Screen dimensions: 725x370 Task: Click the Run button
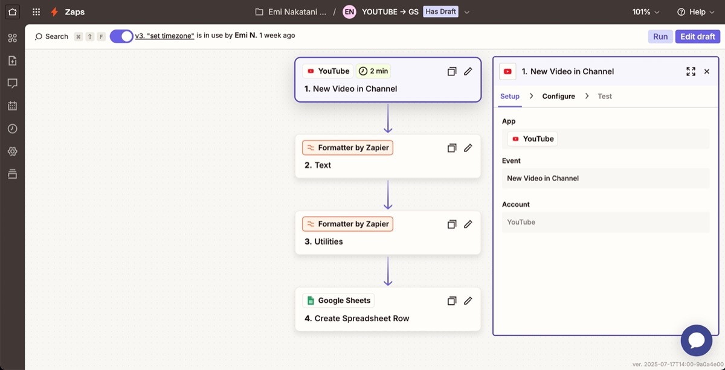(x=660, y=37)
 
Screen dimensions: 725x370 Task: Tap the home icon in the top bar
(x=12, y=12)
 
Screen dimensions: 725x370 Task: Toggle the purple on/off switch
(x=121, y=36)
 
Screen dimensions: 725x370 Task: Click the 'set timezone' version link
(x=164, y=36)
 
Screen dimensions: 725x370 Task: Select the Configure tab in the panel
(x=558, y=97)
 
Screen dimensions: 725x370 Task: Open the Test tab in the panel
(x=605, y=97)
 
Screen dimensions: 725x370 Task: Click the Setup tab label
(x=510, y=97)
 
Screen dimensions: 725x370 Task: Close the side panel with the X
(x=706, y=71)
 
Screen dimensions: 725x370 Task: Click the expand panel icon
(x=691, y=71)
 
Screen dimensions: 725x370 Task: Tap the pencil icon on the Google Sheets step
(x=468, y=301)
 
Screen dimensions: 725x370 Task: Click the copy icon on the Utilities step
(x=452, y=224)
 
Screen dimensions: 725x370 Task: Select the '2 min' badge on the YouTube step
(x=373, y=71)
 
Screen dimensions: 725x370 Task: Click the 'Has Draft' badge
(x=440, y=11)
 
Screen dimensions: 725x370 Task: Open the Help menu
(x=696, y=12)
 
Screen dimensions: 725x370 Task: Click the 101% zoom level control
(x=646, y=12)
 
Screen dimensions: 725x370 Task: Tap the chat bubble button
(x=697, y=340)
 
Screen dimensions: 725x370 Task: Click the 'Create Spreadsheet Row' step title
(x=362, y=319)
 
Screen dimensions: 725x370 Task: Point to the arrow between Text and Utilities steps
(x=388, y=195)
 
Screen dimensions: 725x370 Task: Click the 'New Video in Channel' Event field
(x=605, y=178)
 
